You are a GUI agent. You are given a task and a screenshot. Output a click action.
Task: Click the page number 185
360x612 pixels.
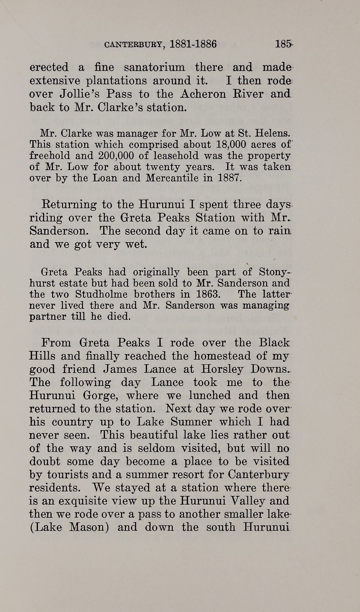tap(283, 44)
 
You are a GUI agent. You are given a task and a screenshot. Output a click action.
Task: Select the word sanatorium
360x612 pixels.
tap(154, 67)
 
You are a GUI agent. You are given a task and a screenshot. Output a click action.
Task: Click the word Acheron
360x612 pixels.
tap(202, 94)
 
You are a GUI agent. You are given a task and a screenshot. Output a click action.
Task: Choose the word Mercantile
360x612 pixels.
tap(172, 178)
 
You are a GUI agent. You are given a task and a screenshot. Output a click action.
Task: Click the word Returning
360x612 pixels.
tap(69, 205)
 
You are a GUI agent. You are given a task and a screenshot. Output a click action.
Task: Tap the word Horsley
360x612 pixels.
tap(220, 369)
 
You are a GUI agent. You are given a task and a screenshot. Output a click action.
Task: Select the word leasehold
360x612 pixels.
tap(176, 156)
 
